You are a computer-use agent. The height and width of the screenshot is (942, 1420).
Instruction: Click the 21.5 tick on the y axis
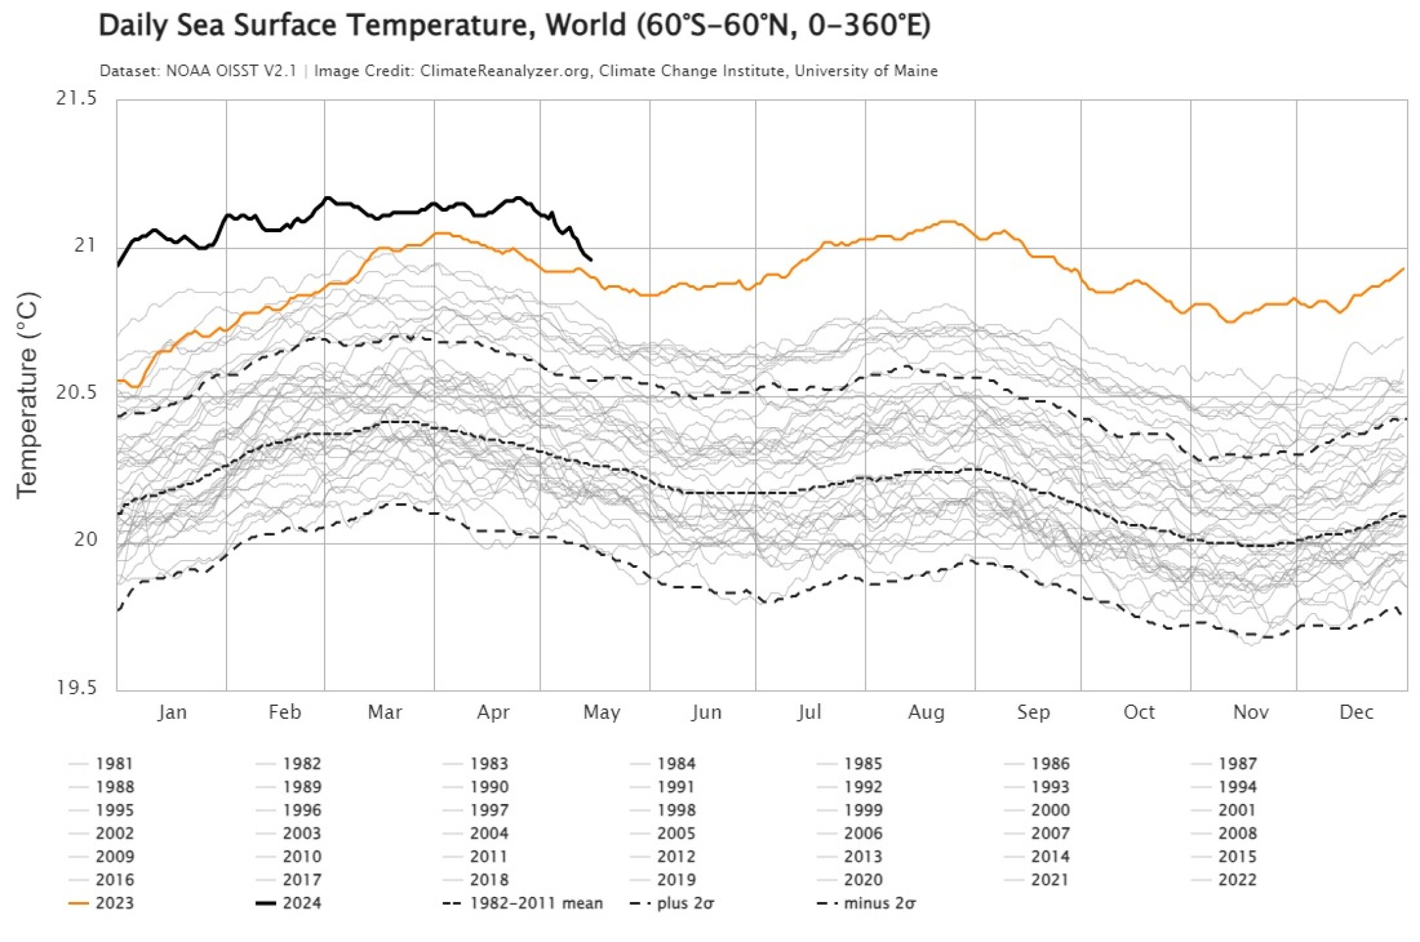pyautogui.click(x=76, y=99)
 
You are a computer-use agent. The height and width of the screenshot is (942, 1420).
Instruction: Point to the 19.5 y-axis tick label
pyautogui.click(x=76, y=688)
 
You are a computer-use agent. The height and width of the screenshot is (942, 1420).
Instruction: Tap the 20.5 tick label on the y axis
pyautogui.click(x=76, y=392)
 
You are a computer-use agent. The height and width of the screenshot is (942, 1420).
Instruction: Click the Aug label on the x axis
pyautogui.click(x=926, y=712)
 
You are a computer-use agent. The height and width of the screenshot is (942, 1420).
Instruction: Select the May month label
pyautogui.click(x=601, y=712)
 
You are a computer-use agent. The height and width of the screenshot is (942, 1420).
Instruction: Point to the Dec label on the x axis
pyautogui.click(x=1356, y=712)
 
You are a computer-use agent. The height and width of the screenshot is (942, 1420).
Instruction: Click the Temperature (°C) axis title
pyautogui.click(x=27, y=395)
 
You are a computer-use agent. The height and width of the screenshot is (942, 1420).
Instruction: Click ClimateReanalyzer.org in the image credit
pyautogui.click(x=504, y=71)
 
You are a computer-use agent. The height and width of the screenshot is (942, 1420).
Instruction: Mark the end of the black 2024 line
pyautogui.click(x=591, y=260)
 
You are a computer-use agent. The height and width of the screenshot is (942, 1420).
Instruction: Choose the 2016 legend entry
pyautogui.click(x=114, y=880)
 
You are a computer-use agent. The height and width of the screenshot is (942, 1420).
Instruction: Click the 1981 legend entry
pyautogui.click(x=114, y=764)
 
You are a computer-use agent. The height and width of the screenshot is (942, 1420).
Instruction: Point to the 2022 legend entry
pyautogui.click(x=1237, y=880)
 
